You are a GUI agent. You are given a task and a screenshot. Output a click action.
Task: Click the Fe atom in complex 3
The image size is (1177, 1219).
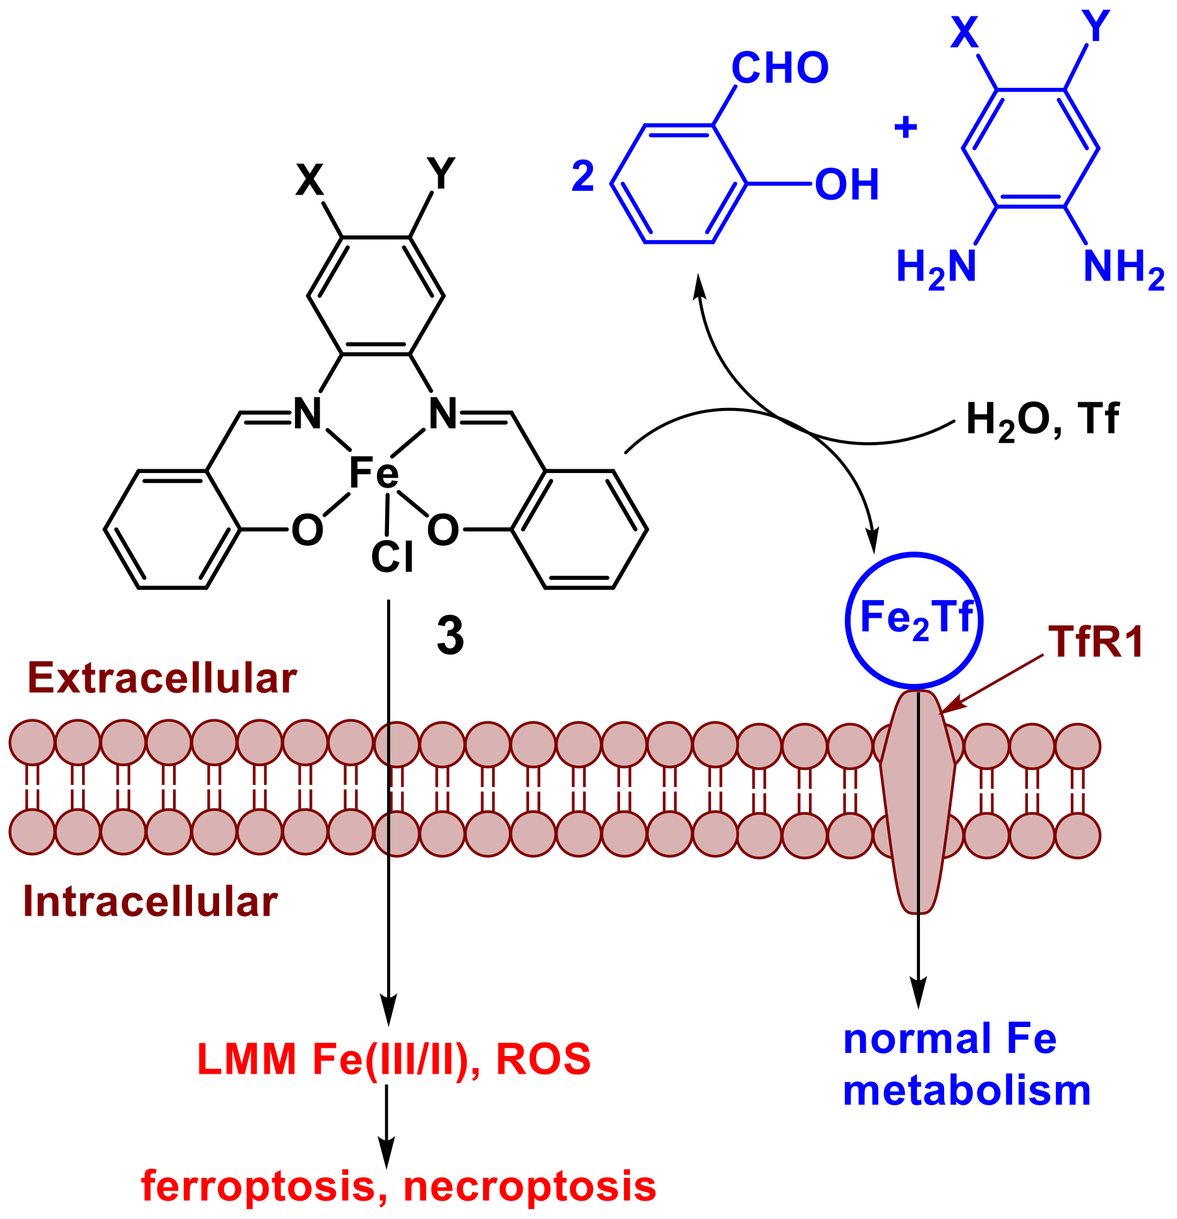(x=374, y=474)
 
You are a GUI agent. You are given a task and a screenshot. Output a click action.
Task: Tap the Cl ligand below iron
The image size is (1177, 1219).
(x=392, y=557)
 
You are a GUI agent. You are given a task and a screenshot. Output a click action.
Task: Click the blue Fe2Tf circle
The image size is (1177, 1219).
(x=914, y=620)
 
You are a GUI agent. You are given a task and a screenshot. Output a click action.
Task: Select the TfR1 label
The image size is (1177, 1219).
(x=1096, y=643)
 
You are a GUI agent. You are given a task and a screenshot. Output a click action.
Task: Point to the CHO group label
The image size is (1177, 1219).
(x=780, y=68)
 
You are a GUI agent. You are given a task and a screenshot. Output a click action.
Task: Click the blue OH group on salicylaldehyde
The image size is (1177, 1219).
(x=847, y=185)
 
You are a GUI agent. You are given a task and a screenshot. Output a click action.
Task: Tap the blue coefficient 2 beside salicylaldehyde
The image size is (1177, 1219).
(x=583, y=176)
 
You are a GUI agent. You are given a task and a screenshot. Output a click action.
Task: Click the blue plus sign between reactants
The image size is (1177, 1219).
(x=905, y=128)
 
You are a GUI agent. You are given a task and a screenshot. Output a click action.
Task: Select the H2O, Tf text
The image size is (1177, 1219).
(x=1043, y=419)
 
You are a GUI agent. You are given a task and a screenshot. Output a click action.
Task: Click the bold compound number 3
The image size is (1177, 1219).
(x=450, y=636)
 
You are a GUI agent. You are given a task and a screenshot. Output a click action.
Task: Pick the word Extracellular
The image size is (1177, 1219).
(x=162, y=679)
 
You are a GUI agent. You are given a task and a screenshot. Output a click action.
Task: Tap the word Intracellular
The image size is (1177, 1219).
(x=150, y=901)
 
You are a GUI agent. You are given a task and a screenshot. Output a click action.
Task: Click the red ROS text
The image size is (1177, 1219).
(x=543, y=1059)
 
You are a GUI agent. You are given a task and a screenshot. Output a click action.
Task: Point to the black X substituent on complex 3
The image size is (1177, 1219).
(x=309, y=181)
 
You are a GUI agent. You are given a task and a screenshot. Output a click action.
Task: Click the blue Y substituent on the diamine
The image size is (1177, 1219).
(x=1096, y=27)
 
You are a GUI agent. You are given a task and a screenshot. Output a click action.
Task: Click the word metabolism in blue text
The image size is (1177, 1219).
(x=967, y=1091)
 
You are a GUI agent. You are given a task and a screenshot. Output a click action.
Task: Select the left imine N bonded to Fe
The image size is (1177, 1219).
(x=308, y=414)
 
